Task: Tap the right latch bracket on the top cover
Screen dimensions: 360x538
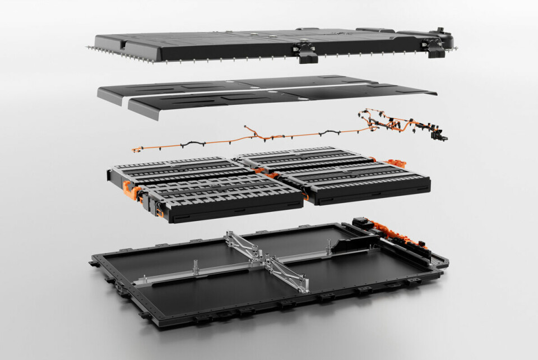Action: [435, 48]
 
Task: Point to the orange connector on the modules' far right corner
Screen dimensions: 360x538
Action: [398, 164]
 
